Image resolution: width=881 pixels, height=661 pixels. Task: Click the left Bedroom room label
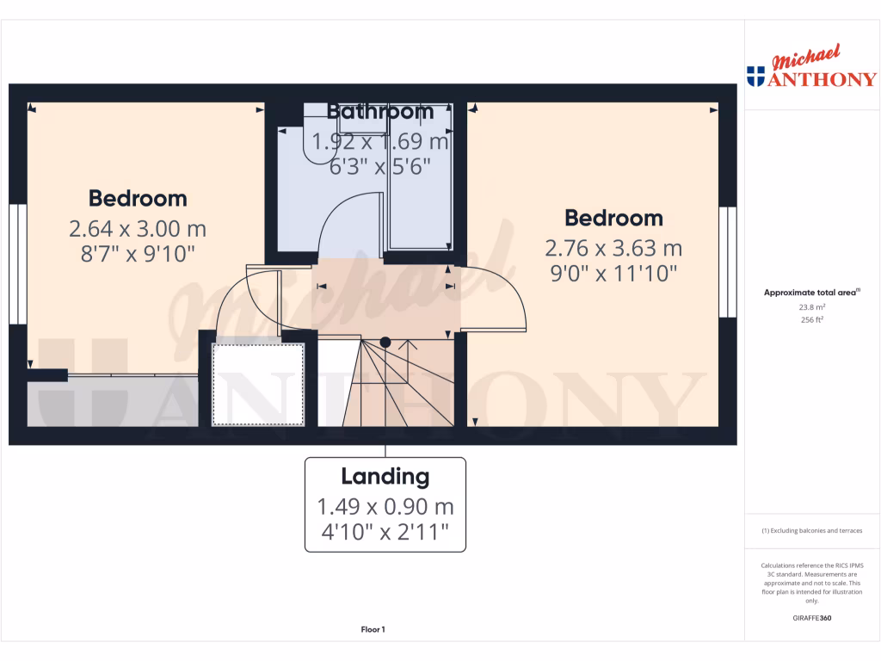[138, 199]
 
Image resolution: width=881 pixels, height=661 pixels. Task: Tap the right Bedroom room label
[613, 218]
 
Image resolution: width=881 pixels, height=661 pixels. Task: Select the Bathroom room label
[380, 112]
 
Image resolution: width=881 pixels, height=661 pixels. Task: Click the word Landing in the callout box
[385, 476]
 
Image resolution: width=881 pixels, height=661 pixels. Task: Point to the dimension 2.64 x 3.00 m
[138, 229]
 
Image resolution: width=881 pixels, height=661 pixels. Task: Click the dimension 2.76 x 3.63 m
[613, 249]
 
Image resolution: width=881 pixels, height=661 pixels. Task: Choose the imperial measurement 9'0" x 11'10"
[613, 274]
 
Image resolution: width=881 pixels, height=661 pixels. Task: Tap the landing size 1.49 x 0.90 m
[385, 507]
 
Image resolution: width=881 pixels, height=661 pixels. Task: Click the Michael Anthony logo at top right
[812, 69]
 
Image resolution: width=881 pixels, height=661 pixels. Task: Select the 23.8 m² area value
[812, 306]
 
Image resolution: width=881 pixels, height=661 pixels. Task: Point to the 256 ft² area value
[812, 319]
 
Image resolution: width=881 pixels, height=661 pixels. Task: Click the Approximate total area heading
[811, 293]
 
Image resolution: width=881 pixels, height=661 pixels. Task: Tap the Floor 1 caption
[373, 630]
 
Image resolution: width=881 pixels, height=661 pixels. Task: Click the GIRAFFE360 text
[812, 618]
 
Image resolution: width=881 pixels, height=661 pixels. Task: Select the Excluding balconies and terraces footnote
[812, 531]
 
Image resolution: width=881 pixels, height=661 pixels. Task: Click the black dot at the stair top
[385, 342]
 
